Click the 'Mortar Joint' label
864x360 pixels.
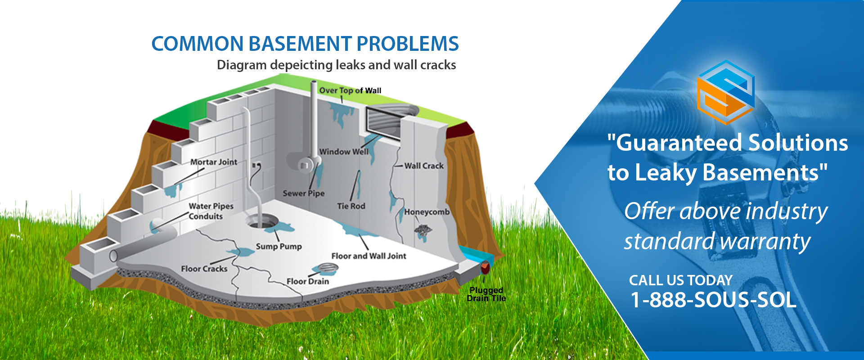click(214, 162)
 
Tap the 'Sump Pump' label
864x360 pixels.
click(279, 247)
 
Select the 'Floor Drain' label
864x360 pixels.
click(308, 281)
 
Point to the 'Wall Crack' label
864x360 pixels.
click(424, 166)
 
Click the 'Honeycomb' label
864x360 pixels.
click(427, 212)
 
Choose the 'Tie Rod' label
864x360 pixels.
click(351, 206)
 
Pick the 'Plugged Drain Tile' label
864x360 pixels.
click(486, 294)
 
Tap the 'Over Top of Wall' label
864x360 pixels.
click(350, 90)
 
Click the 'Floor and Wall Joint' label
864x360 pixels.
click(369, 256)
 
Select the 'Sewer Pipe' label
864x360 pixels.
click(304, 193)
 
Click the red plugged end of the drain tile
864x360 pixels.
click(485, 267)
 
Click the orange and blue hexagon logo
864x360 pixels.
click(725, 92)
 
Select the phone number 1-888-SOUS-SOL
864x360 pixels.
click(713, 300)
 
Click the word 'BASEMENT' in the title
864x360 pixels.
click(300, 44)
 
